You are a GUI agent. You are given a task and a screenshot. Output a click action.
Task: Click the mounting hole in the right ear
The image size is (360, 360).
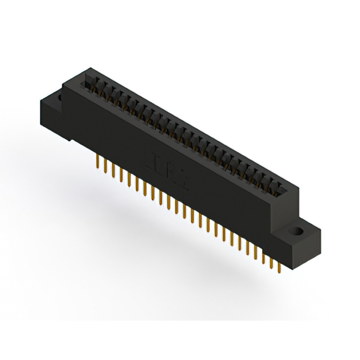click(294, 231)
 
